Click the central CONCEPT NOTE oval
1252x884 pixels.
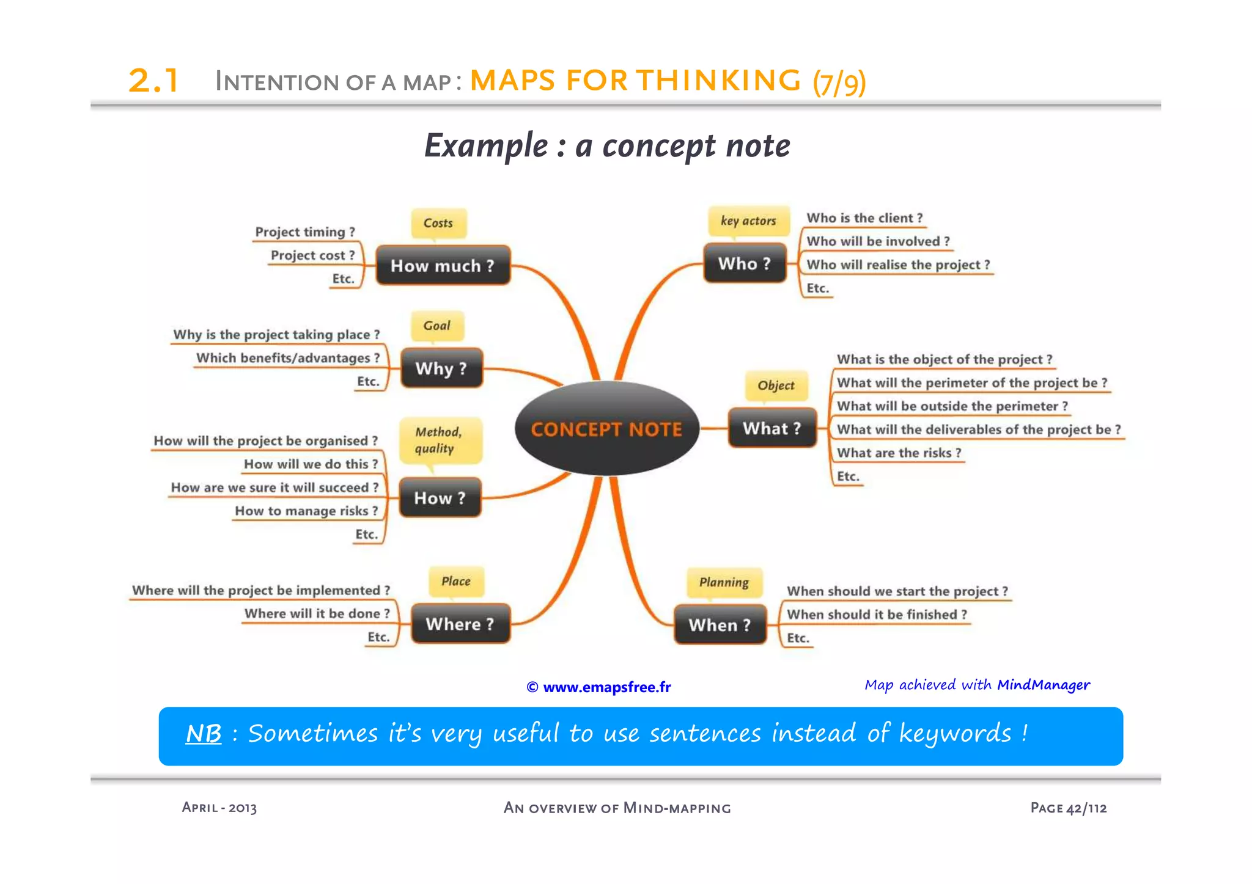606,429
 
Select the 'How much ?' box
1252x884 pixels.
443,266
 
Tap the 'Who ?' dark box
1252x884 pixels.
745,263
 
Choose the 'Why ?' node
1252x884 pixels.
441,368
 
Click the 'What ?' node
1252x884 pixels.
772,428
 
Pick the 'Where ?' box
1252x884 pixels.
460,624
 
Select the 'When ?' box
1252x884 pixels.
720,625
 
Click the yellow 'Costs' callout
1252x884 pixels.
438,223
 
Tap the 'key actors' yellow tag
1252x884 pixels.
748,221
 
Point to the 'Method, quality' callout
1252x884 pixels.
440,440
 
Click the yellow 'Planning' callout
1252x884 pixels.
724,582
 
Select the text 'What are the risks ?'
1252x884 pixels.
899,453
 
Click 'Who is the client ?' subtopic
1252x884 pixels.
864,218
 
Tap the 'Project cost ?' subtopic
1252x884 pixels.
312,255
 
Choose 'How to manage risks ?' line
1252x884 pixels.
306,511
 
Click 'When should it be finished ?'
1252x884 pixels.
877,615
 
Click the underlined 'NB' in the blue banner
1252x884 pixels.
204,733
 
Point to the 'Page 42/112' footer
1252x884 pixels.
1068,808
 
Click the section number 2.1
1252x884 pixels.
153,81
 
